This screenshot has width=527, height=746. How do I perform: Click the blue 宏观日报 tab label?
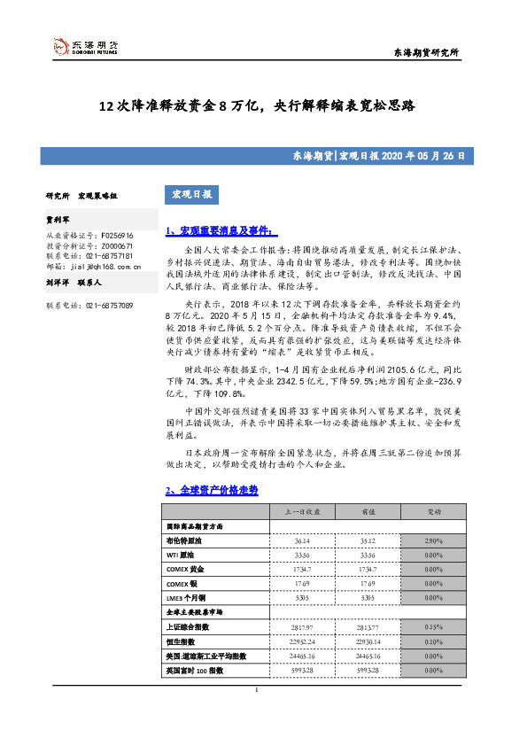point(192,194)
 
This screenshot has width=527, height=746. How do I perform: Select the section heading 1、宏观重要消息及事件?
point(221,231)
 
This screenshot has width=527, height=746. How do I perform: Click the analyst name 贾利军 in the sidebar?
point(58,217)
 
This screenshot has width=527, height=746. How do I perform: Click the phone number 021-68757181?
point(110,255)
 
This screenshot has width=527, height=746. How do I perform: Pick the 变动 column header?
point(433,512)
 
